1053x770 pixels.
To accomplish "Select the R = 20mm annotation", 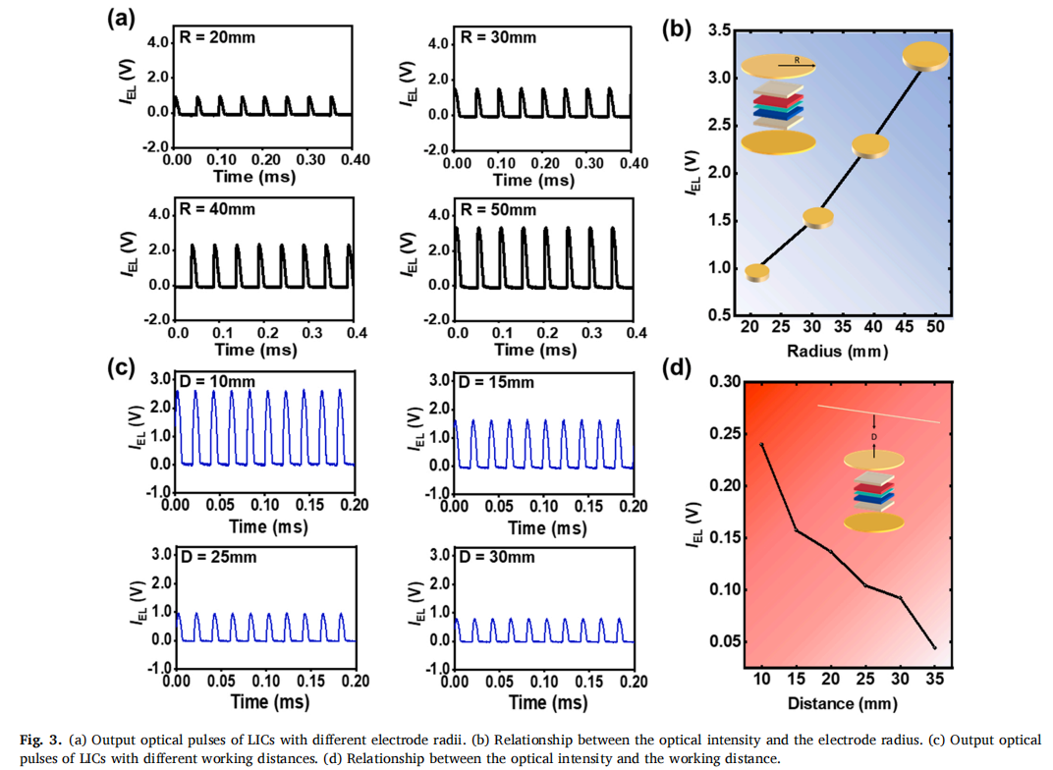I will (219, 37).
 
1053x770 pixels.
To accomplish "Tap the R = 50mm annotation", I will (498, 210).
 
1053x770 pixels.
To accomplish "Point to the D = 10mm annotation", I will (219, 381).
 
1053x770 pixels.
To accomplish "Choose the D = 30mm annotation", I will (498, 557).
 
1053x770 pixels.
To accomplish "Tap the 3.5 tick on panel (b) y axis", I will (720, 31).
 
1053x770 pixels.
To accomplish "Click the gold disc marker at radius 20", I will (757, 272).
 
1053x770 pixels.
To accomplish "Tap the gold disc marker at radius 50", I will (926, 55).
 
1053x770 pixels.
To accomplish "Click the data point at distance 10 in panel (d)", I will (762, 445).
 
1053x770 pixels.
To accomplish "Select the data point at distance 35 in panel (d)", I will (934, 647).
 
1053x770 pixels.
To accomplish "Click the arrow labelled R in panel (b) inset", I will (797, 66).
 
